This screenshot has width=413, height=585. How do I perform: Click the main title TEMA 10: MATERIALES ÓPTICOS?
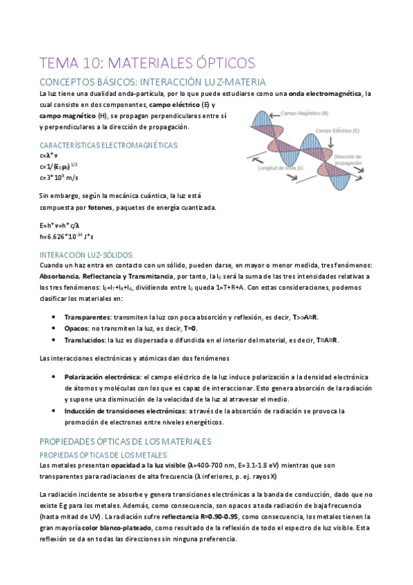147,63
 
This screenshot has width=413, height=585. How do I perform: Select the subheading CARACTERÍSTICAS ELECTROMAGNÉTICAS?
109,145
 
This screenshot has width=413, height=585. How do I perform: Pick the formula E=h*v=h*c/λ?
60,225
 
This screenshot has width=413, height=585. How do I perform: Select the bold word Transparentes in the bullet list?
87,317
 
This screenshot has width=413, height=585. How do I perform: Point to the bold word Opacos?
77,329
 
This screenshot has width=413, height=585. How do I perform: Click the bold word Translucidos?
85,341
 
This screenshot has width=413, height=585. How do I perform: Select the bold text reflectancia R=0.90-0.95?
199,516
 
